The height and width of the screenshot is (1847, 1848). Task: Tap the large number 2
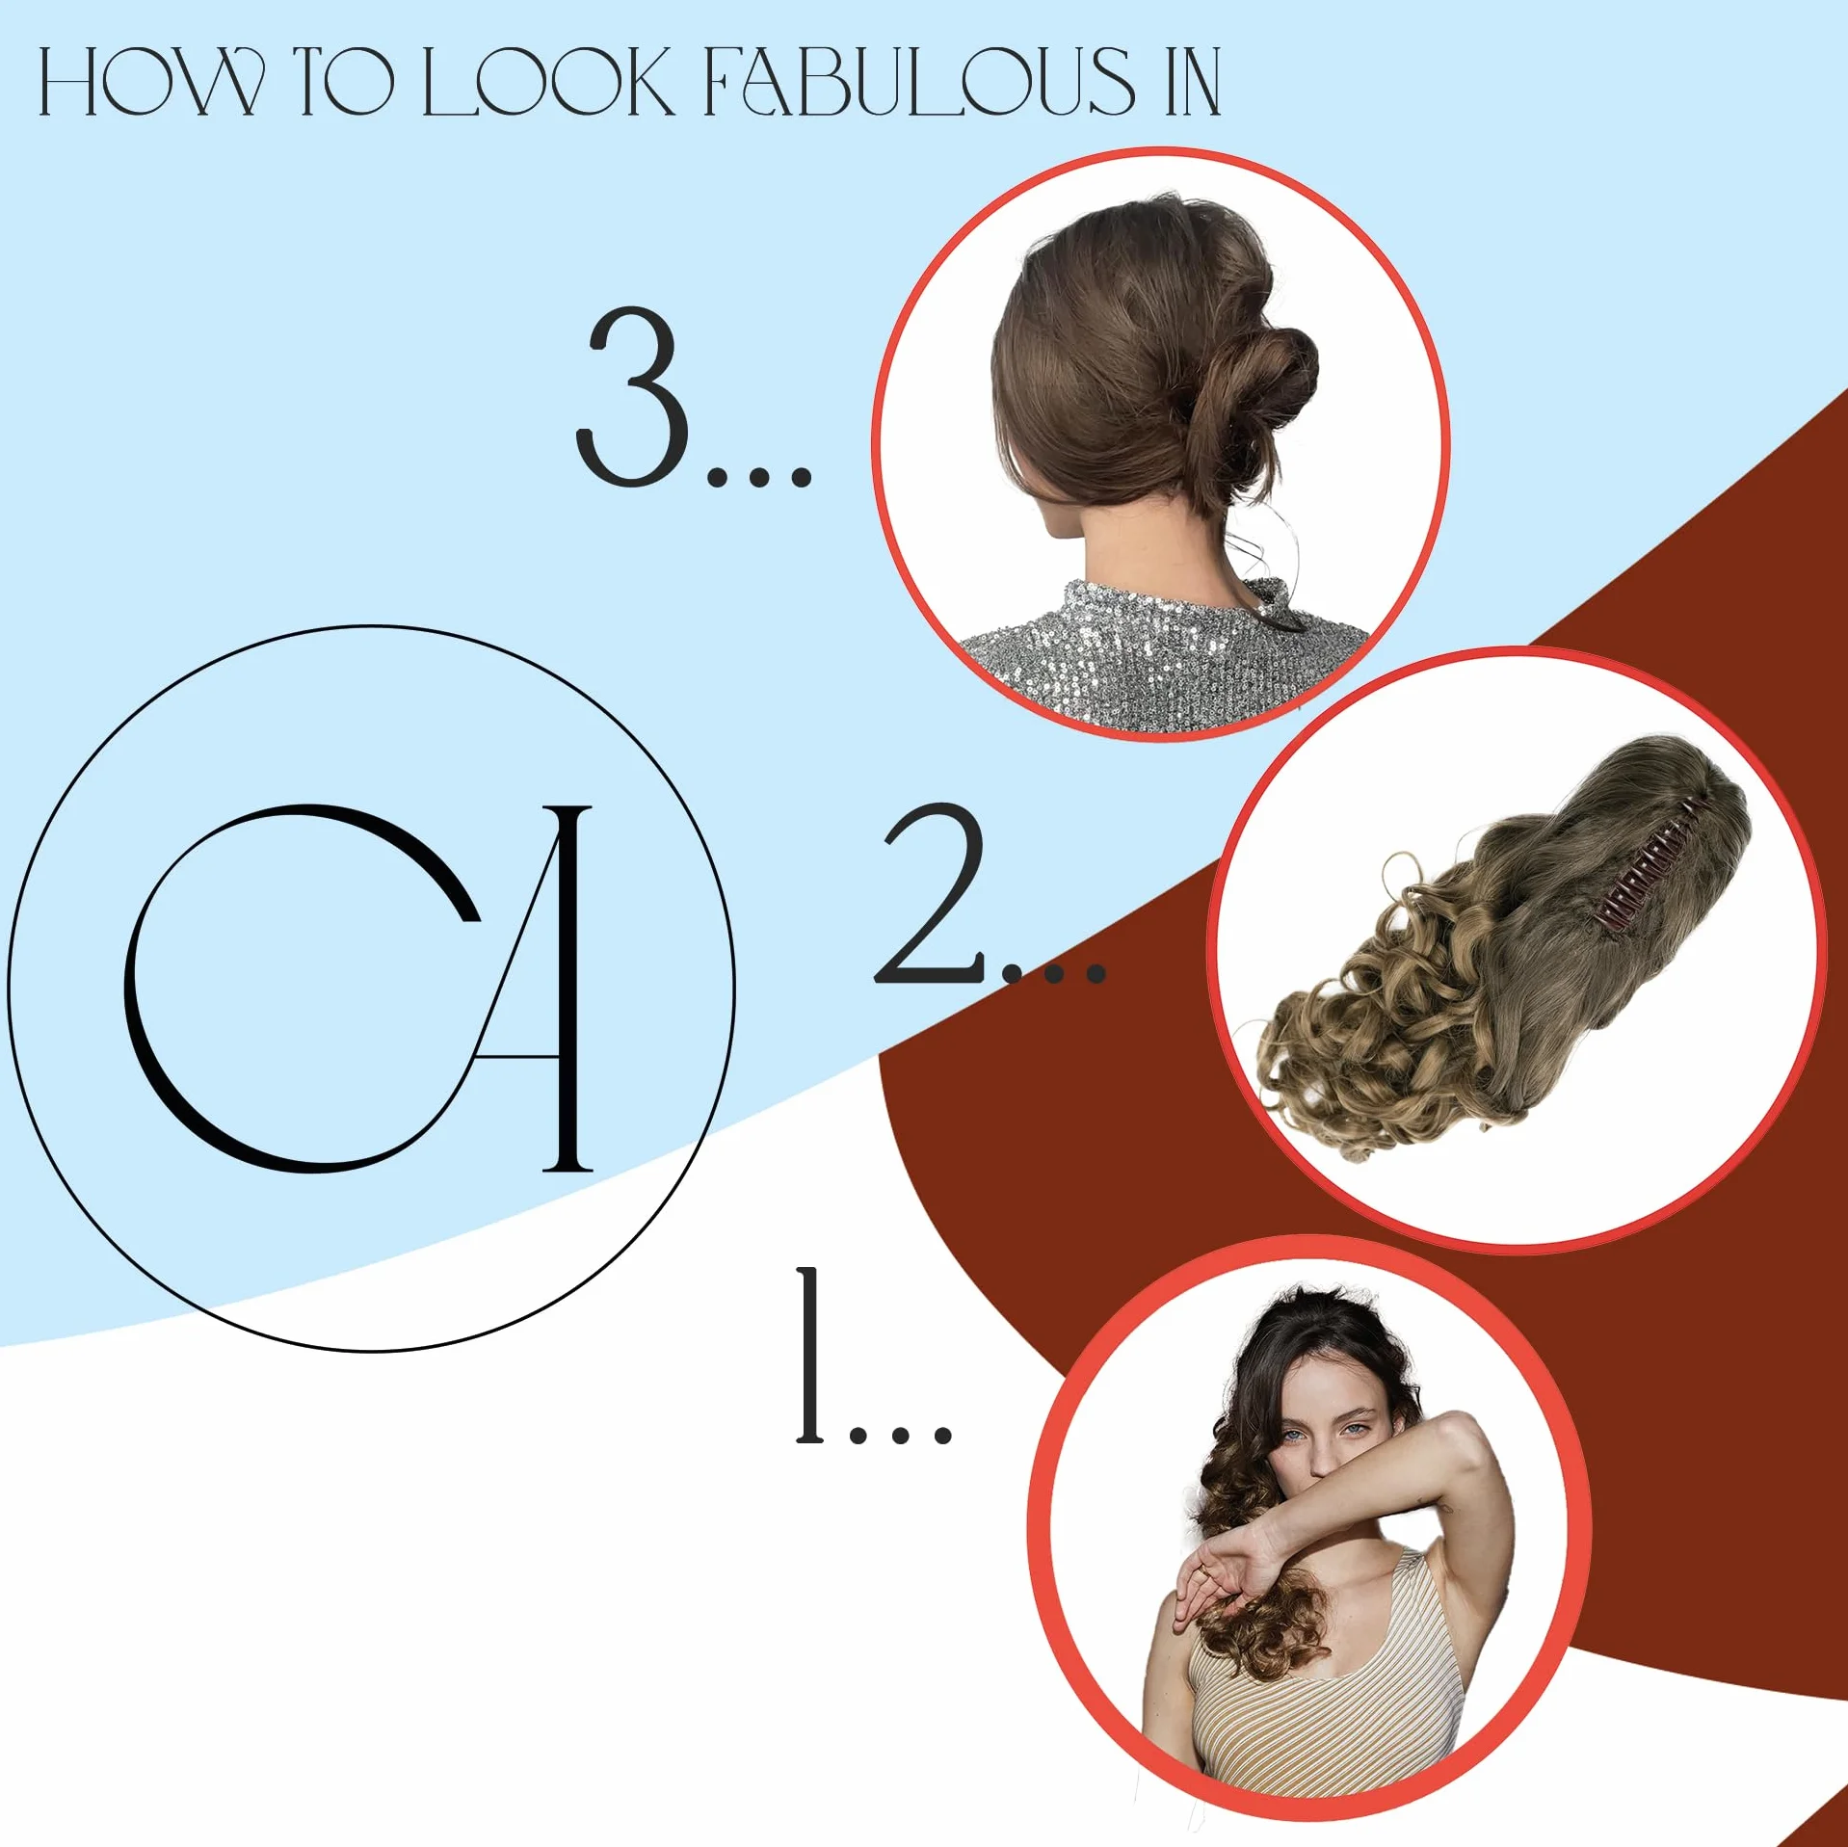(x=930, y=894)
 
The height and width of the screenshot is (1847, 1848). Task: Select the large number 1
(x=811, y=1356)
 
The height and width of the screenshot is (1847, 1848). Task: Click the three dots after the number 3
(x=759, y=476)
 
